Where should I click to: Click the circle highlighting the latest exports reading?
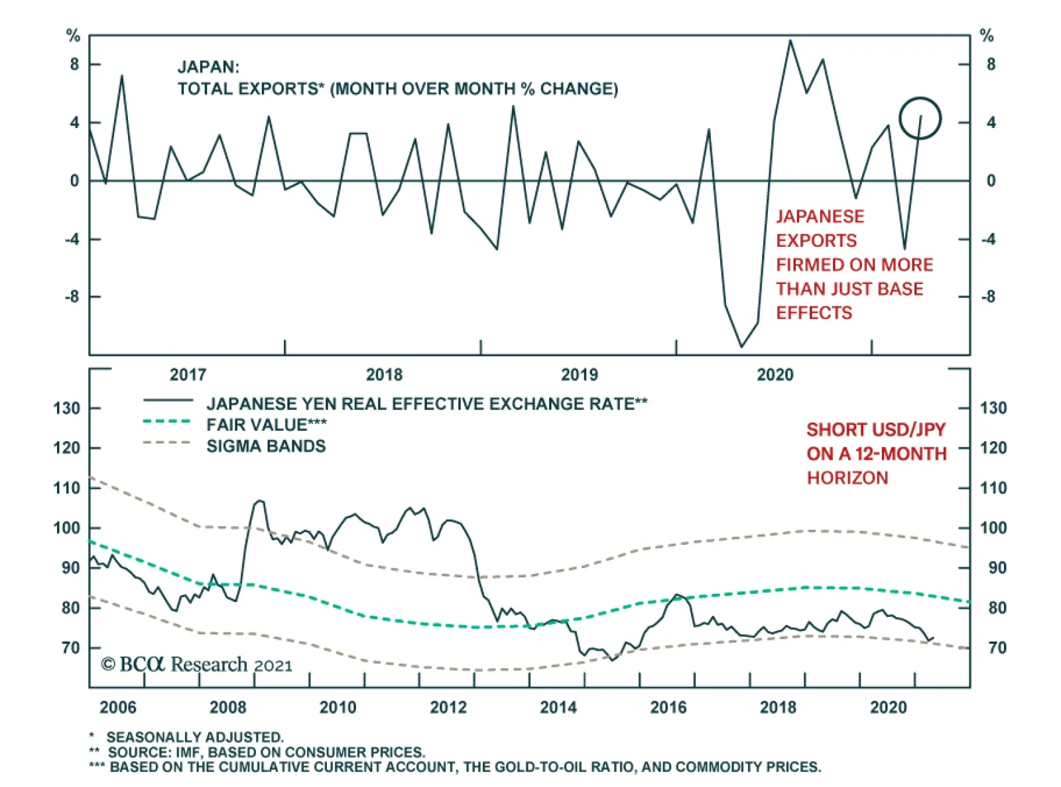point(920,119)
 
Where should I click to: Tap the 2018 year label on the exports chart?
point(384,375)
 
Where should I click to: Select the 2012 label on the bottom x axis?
point(448,707)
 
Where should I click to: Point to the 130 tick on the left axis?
point(66,408)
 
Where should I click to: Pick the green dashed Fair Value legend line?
point(167,422)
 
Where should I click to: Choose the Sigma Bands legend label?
point(266,446)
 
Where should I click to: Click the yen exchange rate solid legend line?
point(168,400)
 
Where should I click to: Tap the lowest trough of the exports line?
point(741,346)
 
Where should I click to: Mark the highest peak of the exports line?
point(790,40)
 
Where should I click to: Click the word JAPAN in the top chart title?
point(208,67)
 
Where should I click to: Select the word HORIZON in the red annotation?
point(847,478)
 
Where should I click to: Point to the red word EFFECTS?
point(814,313)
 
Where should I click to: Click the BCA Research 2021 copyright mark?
point(196,664)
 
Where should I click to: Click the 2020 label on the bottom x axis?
point(888,707)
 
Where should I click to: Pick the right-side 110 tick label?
point(993,488)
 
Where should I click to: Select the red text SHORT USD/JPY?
point(875,430)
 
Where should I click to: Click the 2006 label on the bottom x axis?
point(117,707)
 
